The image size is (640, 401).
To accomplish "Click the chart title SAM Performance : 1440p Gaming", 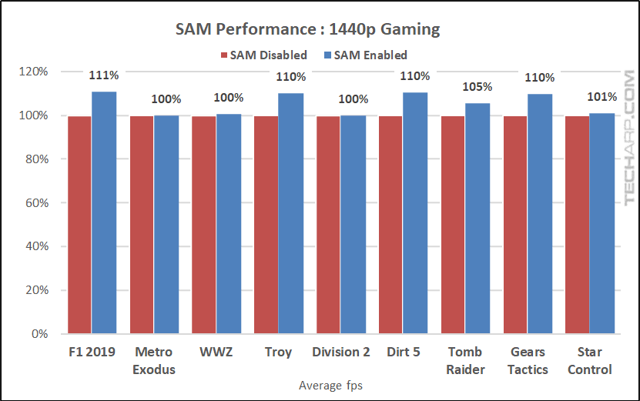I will click(x=307, y=30).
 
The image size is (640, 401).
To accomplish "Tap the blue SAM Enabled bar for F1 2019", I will click(x=104, y=213).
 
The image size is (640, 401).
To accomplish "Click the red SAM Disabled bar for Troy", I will click(x=266, y=225).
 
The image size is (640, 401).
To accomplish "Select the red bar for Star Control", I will click(x=577, y=225).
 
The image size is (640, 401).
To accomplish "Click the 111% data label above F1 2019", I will click(x=103, y=75).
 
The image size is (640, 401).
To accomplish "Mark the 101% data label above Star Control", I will click(x=602, y=97).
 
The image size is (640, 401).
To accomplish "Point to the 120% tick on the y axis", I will click(x=34, y=72).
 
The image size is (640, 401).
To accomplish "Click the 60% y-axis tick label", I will click(x=37, y=203).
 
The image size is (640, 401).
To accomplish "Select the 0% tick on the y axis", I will click(x=40, y=335).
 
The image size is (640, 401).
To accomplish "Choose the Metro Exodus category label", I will click(x=154, y=360).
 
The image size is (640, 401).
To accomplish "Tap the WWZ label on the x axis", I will click(x=216, y=353).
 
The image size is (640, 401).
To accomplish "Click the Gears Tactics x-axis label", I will click(x=528, y=360).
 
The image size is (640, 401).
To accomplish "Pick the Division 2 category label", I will click(x=341, y=353).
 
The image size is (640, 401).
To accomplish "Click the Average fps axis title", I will click(x=331, y=386).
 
